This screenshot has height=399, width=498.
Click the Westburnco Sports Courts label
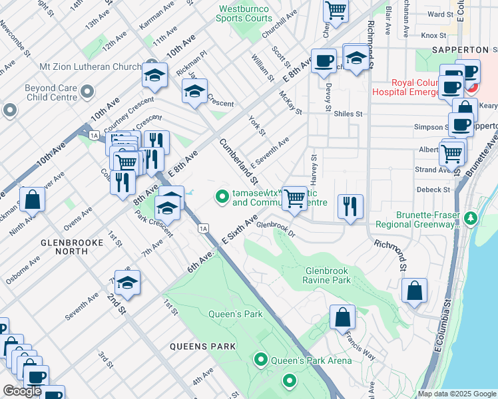click(x=244, y=14)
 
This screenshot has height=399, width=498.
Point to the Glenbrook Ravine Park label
click(x=337, y=275)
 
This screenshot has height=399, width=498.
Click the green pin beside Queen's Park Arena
click(x=260, y=360)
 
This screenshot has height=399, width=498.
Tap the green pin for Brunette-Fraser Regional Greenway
click(x=471, y=218)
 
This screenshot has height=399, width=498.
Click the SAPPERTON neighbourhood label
click(x=464, y=50)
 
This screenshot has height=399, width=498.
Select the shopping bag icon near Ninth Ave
click(x=32, y=199)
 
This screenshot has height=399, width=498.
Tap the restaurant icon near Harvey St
click(x=350, y=206)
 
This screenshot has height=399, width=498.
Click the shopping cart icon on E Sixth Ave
click(x=294, y=198)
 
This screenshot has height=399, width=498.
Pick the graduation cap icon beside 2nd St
click(x=126, y=283)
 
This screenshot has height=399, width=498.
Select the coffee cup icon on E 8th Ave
click(x=324, y=61)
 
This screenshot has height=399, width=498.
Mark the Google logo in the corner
click(x=22, y=391)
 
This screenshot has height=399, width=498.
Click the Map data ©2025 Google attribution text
click(x=456, y=394)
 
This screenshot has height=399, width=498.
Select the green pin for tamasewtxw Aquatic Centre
click(x=221, y=196)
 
